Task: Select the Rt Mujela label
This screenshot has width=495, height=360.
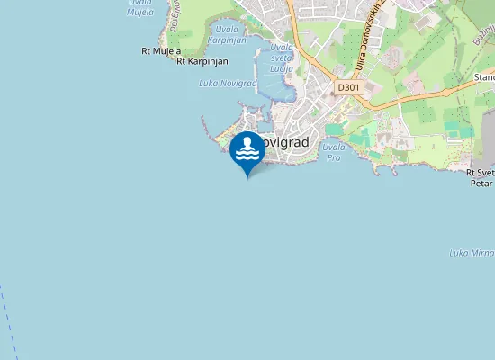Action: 161,51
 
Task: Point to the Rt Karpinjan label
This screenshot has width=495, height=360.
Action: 202,61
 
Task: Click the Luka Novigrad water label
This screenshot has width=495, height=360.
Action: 227,83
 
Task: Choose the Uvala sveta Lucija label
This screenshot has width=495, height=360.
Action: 282,58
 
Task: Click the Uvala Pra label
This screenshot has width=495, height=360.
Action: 333,151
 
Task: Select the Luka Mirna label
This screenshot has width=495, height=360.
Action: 471,253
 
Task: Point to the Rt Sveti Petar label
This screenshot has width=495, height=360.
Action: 481,177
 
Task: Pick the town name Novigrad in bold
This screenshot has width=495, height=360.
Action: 286,142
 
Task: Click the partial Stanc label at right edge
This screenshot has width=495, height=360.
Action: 483,78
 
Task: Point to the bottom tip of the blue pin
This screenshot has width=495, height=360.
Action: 247,177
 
